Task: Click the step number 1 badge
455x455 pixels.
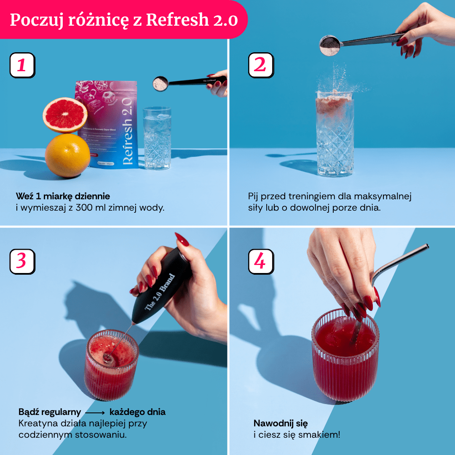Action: click(x=22, y=65)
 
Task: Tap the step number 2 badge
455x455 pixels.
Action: click(x=261, y=65)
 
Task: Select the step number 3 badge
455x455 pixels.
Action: click(x=22, y=261)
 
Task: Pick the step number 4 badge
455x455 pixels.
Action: click(x=261, y=261)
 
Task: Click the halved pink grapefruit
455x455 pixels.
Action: click(x=65, y=114)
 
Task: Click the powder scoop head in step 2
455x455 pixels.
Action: click(x=330, y=45)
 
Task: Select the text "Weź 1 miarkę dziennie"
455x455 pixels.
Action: click(x=63, y=196)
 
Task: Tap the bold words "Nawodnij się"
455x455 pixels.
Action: click(x=280, y=423)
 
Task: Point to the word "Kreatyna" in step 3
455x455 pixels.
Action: click(x=36, y=423)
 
